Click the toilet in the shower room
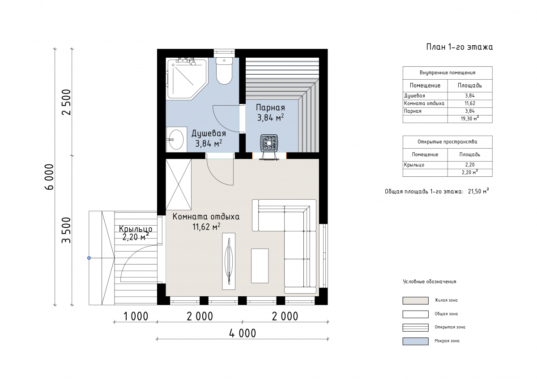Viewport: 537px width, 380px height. click(x=224, y=71)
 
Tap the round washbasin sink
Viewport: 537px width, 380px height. click(x=176, y=140)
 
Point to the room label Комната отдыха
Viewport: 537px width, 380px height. click(x=206, y=217)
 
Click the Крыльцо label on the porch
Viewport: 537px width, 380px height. click(x=136, y=229)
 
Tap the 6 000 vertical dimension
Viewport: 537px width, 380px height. click(x=49, y=177)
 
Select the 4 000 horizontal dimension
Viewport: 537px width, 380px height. click(x=243, y=333)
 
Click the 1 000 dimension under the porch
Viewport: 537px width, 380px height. click(x=136, y=316)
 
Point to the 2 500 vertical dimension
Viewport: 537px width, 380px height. click(x=66, y=102)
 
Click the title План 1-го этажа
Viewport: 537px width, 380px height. click(x=459, y=47)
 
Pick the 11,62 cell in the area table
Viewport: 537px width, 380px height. click(x=469, y=103)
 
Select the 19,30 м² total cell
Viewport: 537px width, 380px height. click(x=469, y=119)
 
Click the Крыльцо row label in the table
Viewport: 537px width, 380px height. click(x=414, y=165)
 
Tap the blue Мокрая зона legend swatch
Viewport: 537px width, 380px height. click(x=415, y=341)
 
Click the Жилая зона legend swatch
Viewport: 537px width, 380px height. click(x=415, y=301)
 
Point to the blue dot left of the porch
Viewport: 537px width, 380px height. click(x=89, y=258)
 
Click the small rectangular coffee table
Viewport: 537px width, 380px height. click(x=260, y=265)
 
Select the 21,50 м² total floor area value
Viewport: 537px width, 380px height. click(x=478, y=192)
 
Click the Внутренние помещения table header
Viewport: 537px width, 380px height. click(x=447, y=73)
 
